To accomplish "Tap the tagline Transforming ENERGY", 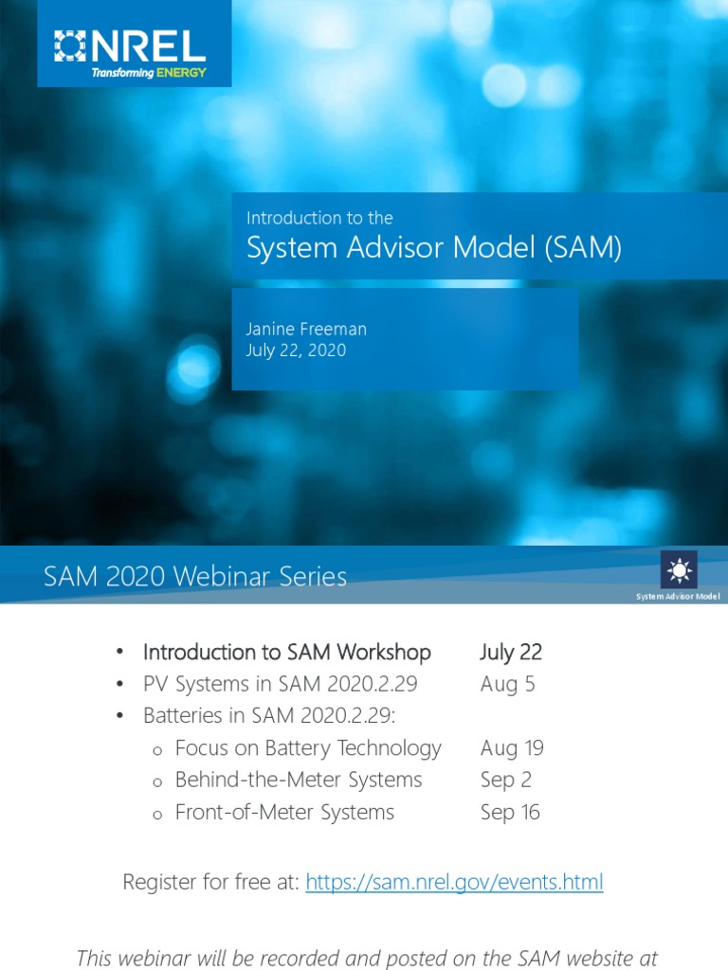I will point(148,73).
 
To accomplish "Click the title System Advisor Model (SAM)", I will point(433,248).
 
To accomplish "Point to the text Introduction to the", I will point(319,218).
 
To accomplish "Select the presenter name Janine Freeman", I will point(306,329).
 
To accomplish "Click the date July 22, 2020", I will point(296,350).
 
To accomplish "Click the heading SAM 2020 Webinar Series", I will point(195,576).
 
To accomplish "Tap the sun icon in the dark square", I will point(679,569).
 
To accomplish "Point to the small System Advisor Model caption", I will point(678,597).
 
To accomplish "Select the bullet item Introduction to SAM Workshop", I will point(286,652).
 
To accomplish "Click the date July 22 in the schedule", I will point(511,652).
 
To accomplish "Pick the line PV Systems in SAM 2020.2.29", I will point(280,684).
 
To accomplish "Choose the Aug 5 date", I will point(507,684).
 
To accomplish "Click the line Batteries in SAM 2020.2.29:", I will point(269,716).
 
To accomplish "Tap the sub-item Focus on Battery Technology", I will point(308,748).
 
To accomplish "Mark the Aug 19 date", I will point(512,748).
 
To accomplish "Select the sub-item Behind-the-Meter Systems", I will point(299,781).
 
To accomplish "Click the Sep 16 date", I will point(510,813).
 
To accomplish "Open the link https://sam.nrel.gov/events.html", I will point(454,883).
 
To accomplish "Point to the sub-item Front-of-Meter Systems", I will point(284,813).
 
